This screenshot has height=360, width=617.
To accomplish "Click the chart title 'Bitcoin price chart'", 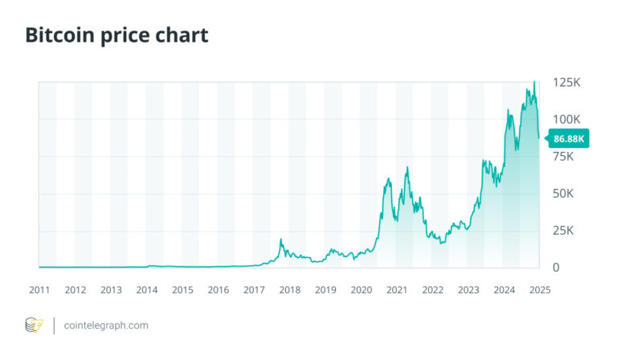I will [116, 36].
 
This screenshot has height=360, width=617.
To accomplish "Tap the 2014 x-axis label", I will [147, 289].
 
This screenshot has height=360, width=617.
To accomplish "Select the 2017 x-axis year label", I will [254, 289].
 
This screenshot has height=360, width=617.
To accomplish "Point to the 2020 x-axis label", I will [362, 289].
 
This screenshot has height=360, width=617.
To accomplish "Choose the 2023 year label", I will [468, 289].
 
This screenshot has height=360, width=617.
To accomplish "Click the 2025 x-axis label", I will [539, 289].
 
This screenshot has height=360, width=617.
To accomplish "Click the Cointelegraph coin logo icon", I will [34, 325].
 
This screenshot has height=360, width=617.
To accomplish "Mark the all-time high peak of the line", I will [534, 82].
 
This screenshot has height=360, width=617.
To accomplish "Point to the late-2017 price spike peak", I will [280, 239].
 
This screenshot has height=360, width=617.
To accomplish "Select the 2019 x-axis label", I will [325, 289].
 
